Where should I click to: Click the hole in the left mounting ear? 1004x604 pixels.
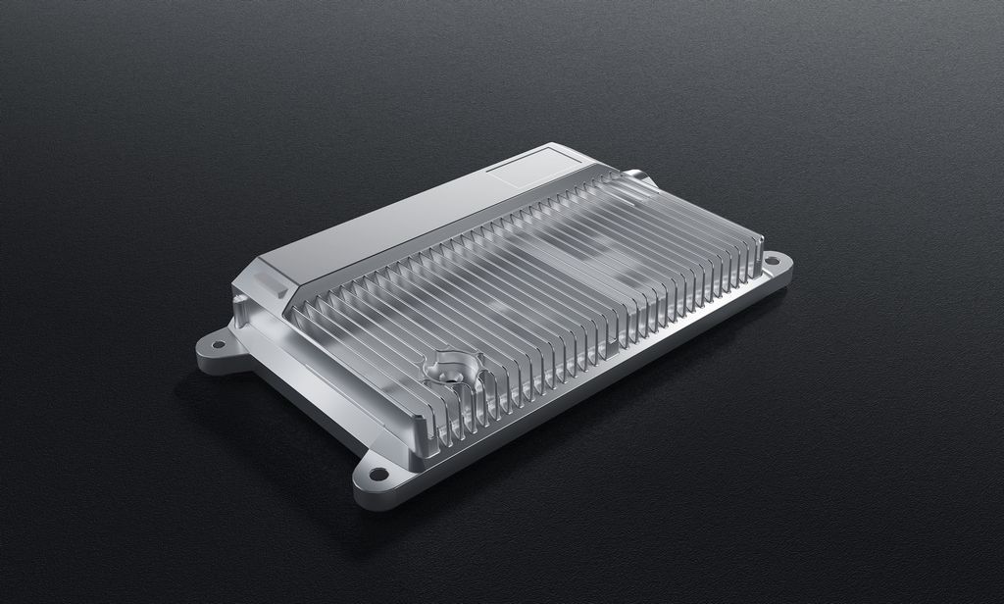tap(218, 345)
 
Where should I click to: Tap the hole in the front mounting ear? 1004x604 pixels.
tap(376, 475)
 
